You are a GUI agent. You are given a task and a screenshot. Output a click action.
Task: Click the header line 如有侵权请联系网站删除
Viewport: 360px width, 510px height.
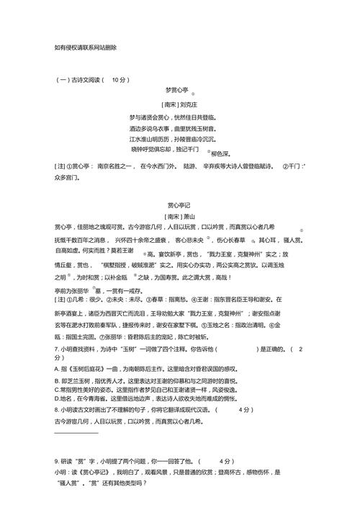[x=85, y=48]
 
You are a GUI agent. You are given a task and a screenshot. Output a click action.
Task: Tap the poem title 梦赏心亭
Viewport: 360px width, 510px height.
[x=176, y=91]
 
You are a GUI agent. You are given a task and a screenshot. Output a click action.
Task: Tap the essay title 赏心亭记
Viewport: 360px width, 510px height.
[x=181, y=205]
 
